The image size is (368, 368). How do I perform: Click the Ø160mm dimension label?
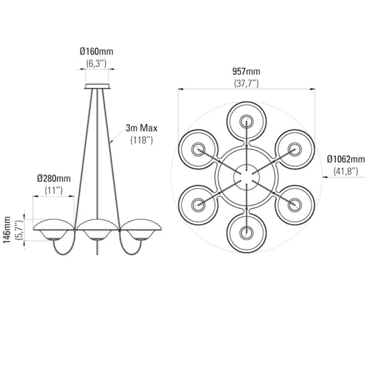coord(97,52)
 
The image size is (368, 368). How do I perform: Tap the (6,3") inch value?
coord(97,64)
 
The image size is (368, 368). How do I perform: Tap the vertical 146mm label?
coord(7,230)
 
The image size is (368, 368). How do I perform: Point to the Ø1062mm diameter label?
coord(346,159)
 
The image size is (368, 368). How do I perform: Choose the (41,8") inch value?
coord(345,171)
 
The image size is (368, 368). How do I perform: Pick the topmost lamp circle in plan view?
coord(246,122)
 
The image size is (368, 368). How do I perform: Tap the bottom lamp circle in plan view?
coord(246,232)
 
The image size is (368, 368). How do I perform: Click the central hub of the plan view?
coord(246,177)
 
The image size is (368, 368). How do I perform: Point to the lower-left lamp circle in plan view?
coord(199,203)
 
